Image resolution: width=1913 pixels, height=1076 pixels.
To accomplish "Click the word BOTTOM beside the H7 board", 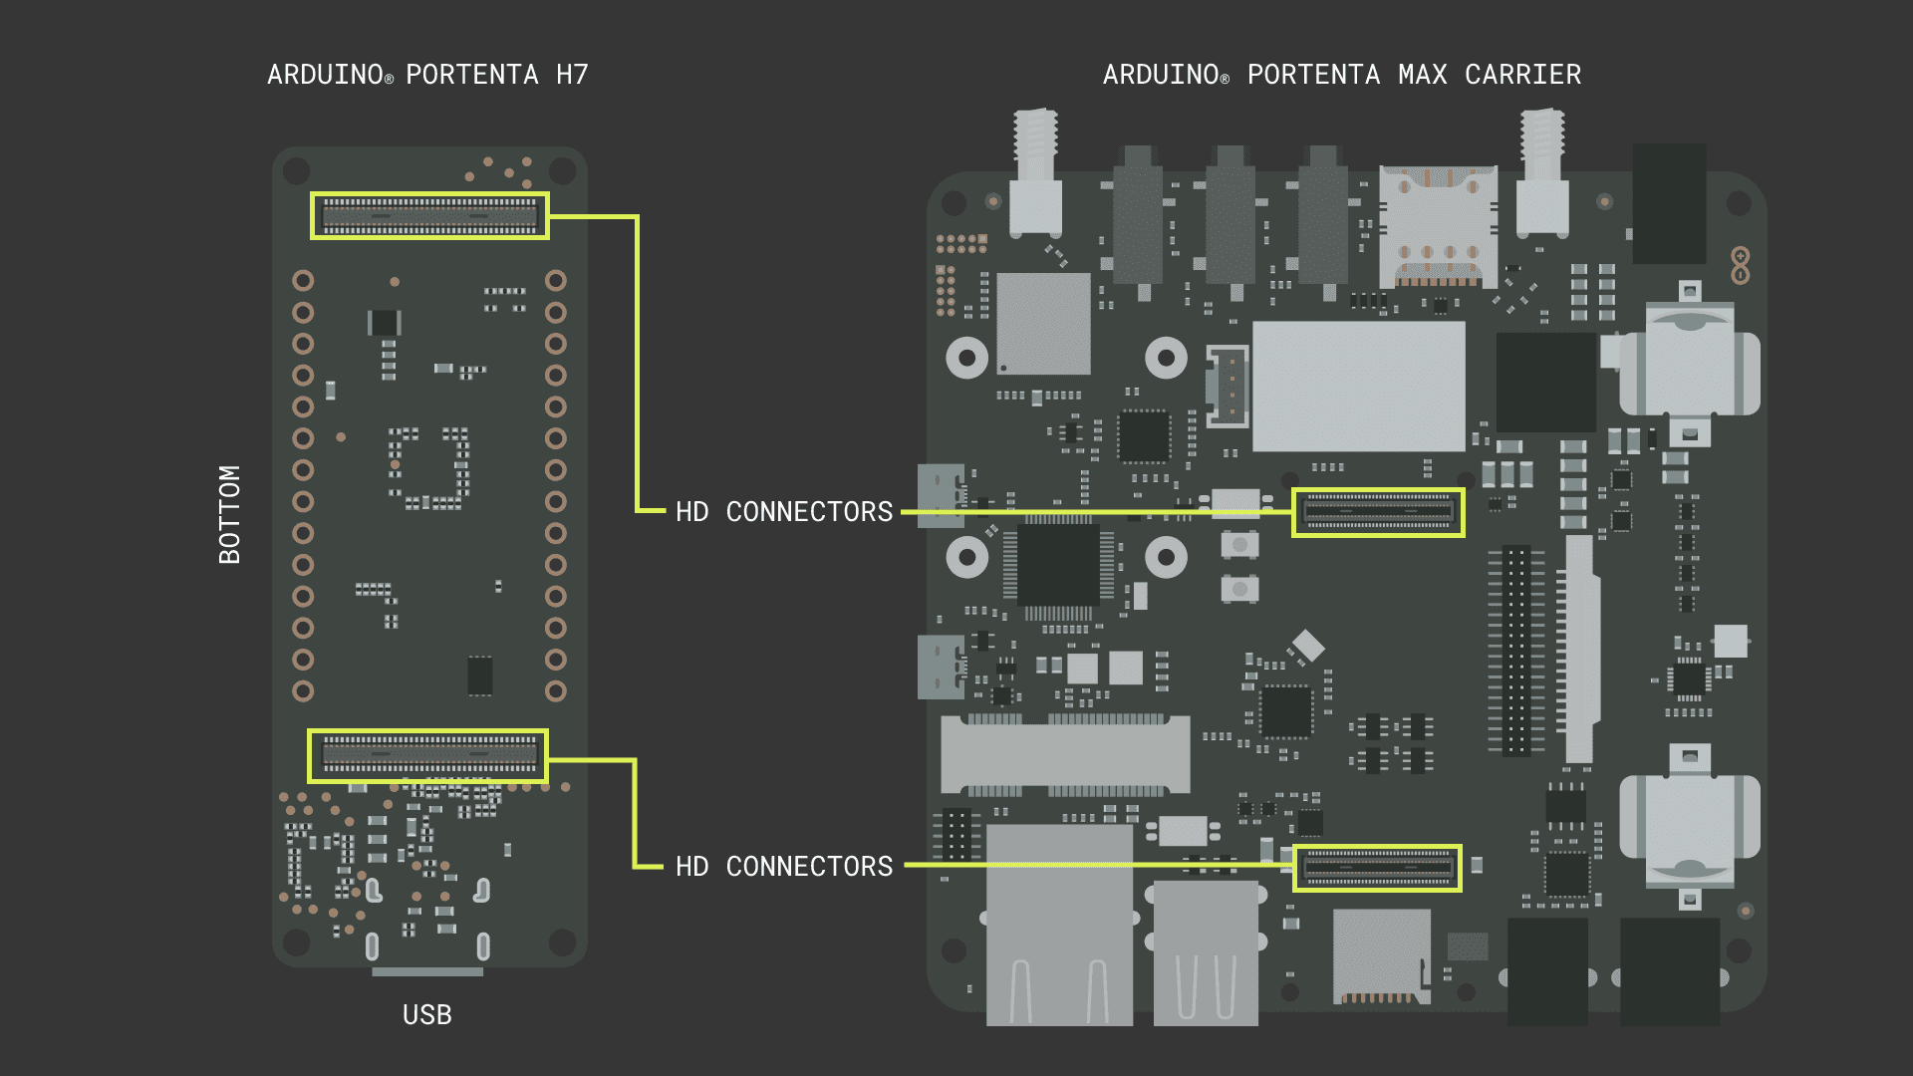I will pos(230,514).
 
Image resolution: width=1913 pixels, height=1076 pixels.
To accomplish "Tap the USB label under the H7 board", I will pos(426,1014).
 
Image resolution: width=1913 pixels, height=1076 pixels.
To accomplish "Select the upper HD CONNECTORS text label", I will pos(784,512).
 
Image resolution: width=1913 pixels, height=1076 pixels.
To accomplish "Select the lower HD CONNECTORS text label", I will pos(784,867).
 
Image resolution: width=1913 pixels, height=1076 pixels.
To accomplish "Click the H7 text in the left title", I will pos(572,75).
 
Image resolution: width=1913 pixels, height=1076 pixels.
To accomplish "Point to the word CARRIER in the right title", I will pos(1522,75).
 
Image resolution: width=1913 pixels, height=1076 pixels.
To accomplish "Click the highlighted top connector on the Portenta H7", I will pos(429,216).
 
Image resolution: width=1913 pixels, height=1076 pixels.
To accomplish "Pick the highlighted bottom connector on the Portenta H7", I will pos(428,756).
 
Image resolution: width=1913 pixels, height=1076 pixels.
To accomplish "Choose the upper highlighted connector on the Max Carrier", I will pos(1378,513).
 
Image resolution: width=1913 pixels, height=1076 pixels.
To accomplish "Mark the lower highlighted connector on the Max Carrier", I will pos(1377,868).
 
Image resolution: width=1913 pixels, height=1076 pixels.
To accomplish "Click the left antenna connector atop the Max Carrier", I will pos(1035,174).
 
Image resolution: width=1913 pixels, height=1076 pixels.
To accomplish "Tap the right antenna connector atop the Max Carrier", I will pos(1542,174).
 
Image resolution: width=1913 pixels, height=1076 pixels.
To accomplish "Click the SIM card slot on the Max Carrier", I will pos(1438,227).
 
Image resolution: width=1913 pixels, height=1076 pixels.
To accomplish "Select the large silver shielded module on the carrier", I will pos(1358,386).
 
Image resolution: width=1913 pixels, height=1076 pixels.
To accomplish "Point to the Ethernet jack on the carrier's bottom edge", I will pos(1059,927).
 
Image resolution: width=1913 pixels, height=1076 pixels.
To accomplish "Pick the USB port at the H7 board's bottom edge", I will pos(427,971).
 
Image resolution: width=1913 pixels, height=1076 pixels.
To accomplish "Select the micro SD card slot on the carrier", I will pos(1382,956).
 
